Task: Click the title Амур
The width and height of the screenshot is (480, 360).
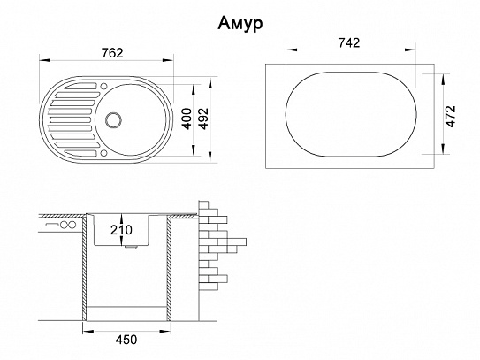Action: [240, 24]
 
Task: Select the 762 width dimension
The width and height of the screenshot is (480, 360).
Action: [112, 53]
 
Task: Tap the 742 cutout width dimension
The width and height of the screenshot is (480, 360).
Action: [349, 42]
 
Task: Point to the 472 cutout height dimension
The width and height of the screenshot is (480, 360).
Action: [451, 116]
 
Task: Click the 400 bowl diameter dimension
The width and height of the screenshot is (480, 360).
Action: [187, 119]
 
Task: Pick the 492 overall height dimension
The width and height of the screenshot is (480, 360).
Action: [203, 119]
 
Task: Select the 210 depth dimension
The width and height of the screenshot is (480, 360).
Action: [121, 230]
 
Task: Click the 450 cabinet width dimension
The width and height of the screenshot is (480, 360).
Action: [126, 340]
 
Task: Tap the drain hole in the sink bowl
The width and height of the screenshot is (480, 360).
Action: [113, 119]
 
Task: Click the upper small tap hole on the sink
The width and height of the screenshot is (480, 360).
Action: [103, 86]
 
